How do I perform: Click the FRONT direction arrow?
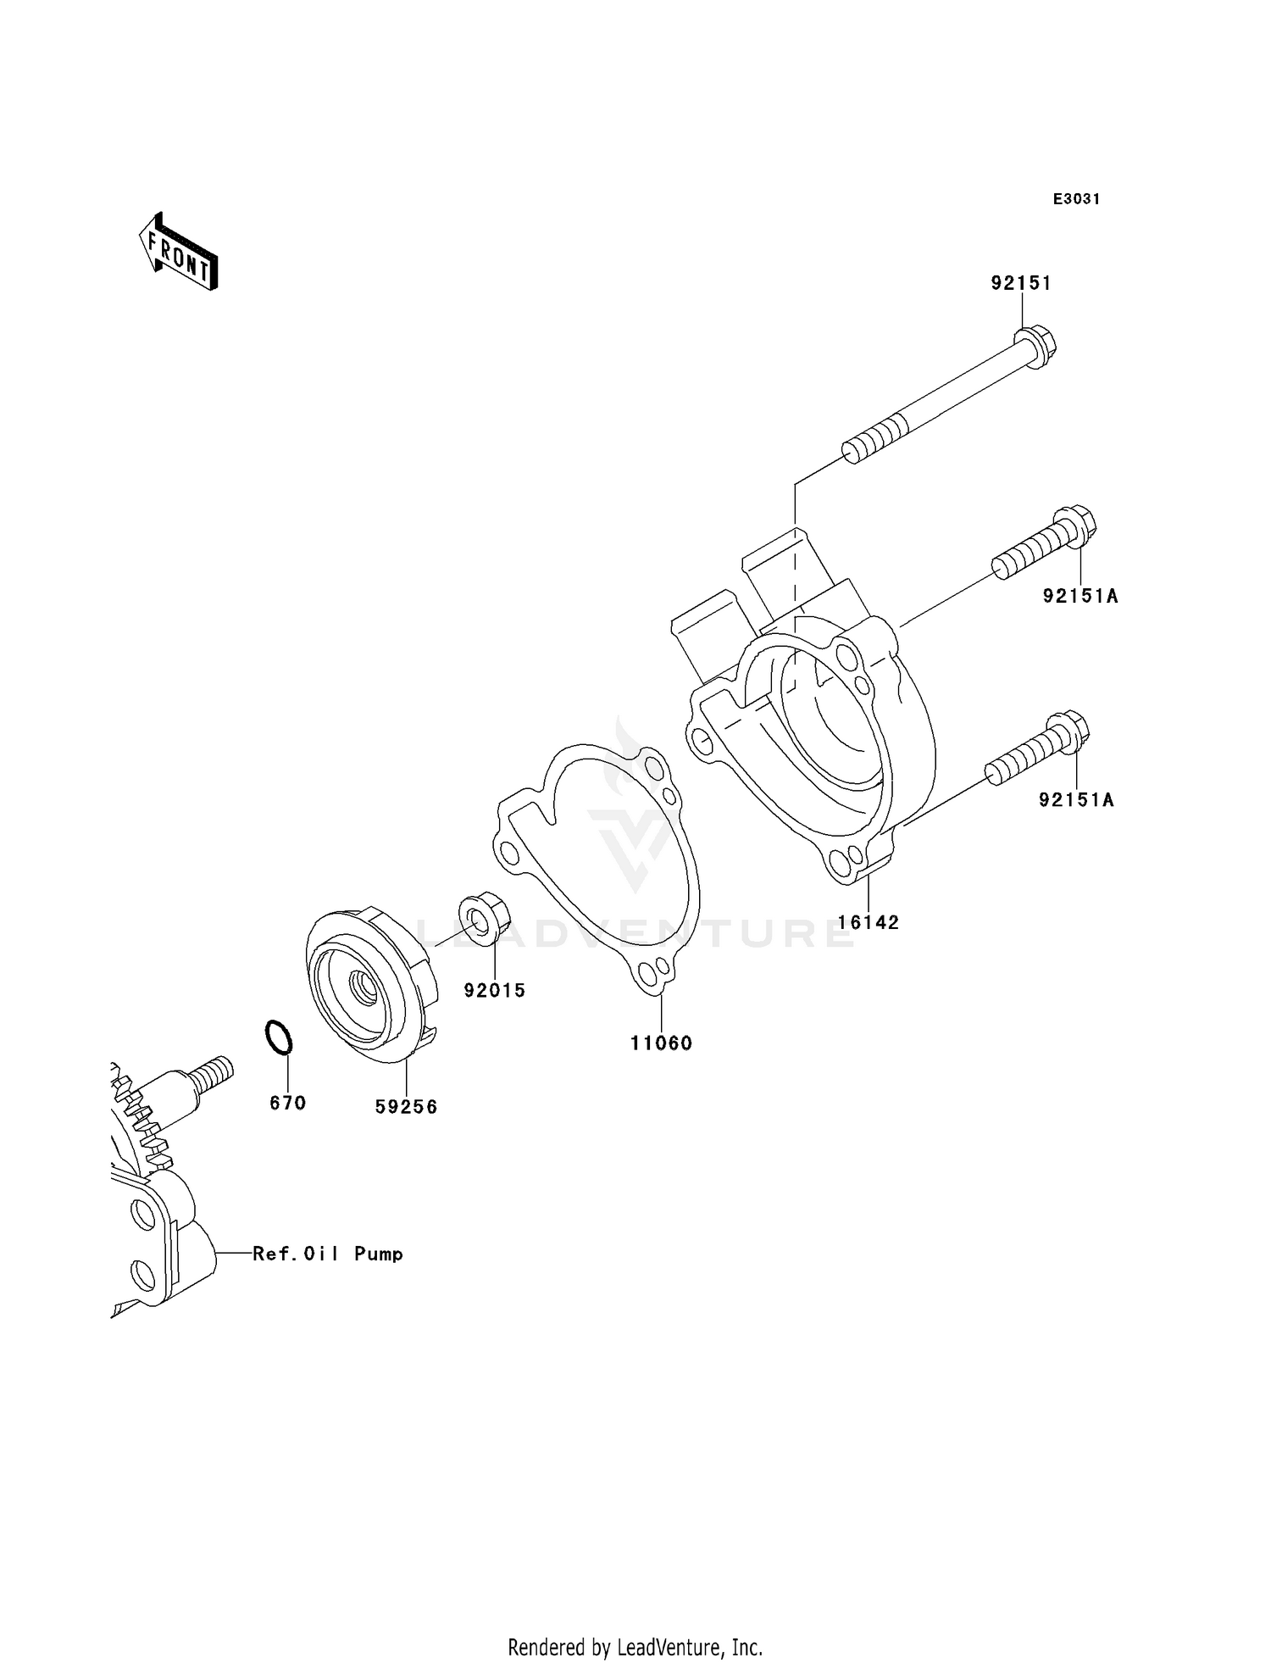(179, 253)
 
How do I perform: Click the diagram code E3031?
(1076, 199)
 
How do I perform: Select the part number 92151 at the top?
(1021, 283)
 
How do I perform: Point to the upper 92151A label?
(1080, 597)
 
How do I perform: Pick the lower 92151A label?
(1076, 799)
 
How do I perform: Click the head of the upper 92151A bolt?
(1074, 526)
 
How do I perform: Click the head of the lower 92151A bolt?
(1068, 731)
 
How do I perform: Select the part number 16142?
(869, 922)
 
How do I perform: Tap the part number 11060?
(661, 1043)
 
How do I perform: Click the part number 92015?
(495, 990)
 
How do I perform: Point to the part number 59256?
(407, 1107)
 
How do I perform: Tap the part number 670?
(287, 1103)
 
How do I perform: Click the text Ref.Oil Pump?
(328, 1254)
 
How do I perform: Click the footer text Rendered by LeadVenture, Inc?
(635, 1648)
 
